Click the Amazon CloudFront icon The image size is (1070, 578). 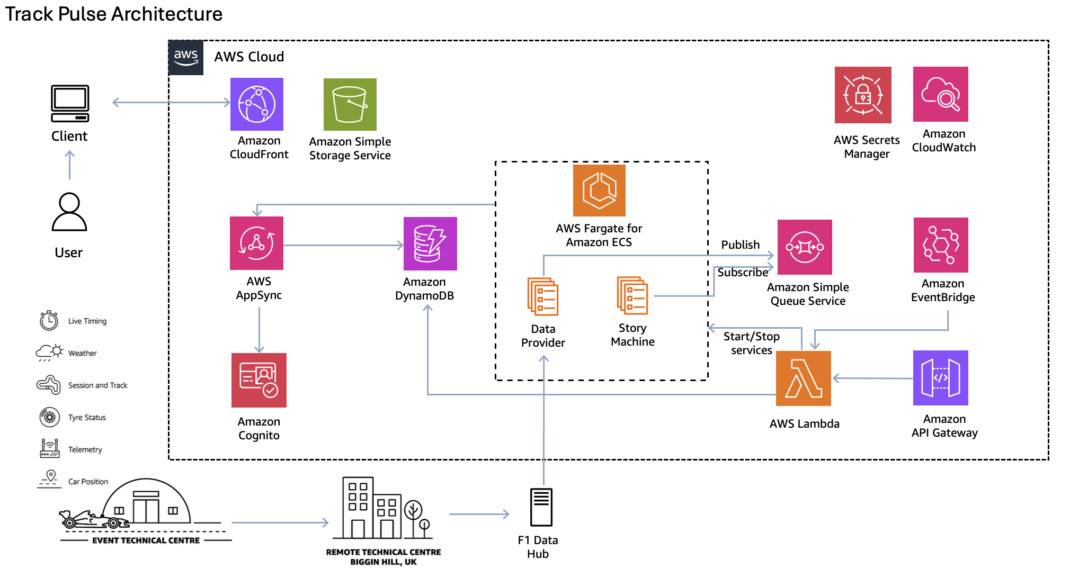(x=257, y=104)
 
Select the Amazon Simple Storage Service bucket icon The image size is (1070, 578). (x=350, y=104)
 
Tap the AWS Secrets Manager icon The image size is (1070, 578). (x=863, y=95)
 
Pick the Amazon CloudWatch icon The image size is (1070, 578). (x=941, y=94)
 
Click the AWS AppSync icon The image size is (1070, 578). (x=257, y=243)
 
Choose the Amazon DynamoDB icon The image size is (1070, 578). (x=430, y=244)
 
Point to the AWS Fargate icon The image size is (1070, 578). (x=599, y=191)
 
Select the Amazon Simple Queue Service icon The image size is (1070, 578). (x=805, y=247)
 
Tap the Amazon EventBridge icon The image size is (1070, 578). (x=941, y=245)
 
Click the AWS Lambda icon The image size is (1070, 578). (x=804, y=378)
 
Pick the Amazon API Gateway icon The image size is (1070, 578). (x=941, y=378)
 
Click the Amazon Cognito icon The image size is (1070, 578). (x=259, y=380)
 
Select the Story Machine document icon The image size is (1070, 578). (x=632, y=295)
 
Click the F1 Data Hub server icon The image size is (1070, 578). (x=541, y=507)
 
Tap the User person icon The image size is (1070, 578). (x=69, y=212)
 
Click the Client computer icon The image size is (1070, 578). (x=70, y=104)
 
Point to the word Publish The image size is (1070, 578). (x=740, y=245)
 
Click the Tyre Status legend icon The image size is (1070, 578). (x=49, y=417)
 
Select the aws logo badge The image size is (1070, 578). (x=186, y=57)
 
